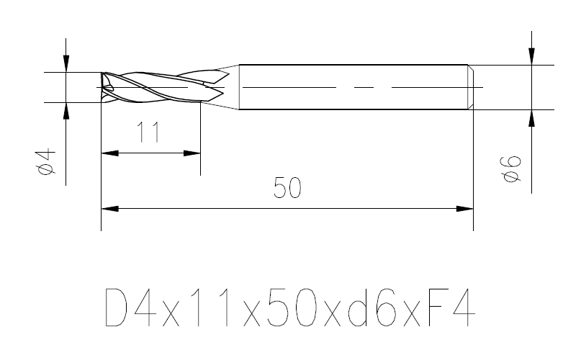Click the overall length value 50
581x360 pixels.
click(x=287, y=188)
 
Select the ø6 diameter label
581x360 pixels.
click(x=512, y=168)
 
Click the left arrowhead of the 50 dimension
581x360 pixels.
click(x=109, y=209)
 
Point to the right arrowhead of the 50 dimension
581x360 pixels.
click(x=466, y=209)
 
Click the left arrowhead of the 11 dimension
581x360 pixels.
click(x=109, y=153)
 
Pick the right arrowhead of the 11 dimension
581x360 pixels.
click(x=192, y=153)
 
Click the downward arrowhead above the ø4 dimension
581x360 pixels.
click(x=66, y=64)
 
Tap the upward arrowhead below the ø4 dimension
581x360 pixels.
click(x=66, y=110)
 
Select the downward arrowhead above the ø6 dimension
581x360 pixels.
click(x=531, y=57)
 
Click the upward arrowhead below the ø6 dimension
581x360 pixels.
click(x=531, y=117)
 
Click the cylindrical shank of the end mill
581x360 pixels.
click(x=353, y=87)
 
